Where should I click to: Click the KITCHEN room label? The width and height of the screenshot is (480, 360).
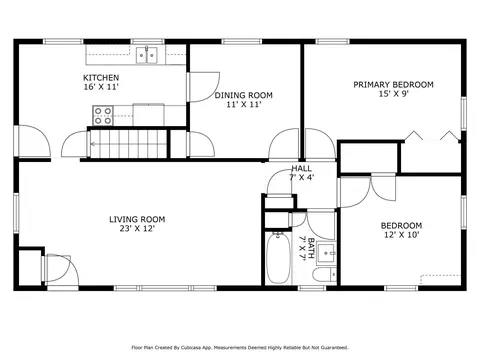(x=101, y=78)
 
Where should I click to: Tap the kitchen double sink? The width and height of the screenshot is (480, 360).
(x=147, y=55)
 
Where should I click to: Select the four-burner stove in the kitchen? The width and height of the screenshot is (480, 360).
(x=103, y=115)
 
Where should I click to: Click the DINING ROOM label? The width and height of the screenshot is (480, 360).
(x=243, y=95)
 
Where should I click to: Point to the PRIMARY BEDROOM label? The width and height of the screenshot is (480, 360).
(x=393, y=85)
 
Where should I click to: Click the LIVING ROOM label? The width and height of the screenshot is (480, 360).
(x=137, y=219)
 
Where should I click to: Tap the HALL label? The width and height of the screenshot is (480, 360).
(x=301, y=168)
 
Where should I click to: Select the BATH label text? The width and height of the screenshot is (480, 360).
(x=311, y=247)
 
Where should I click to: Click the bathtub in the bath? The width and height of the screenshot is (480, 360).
(x=278, y=258)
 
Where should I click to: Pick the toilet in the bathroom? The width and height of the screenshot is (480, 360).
(x=325, y=274)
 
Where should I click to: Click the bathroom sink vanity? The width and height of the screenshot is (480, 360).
(x=326, y=254)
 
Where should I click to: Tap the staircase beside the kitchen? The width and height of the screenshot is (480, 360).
(x=128, y=144)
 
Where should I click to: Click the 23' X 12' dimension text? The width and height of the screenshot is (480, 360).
(x=137, y=229)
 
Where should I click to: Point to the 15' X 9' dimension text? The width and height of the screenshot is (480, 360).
(x=394, y=94)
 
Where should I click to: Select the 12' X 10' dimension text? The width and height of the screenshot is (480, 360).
(x=401, y=235)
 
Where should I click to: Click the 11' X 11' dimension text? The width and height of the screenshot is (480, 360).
(x=243, y=105)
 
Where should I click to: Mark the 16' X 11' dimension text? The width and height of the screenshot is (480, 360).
(x=101, y=87)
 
